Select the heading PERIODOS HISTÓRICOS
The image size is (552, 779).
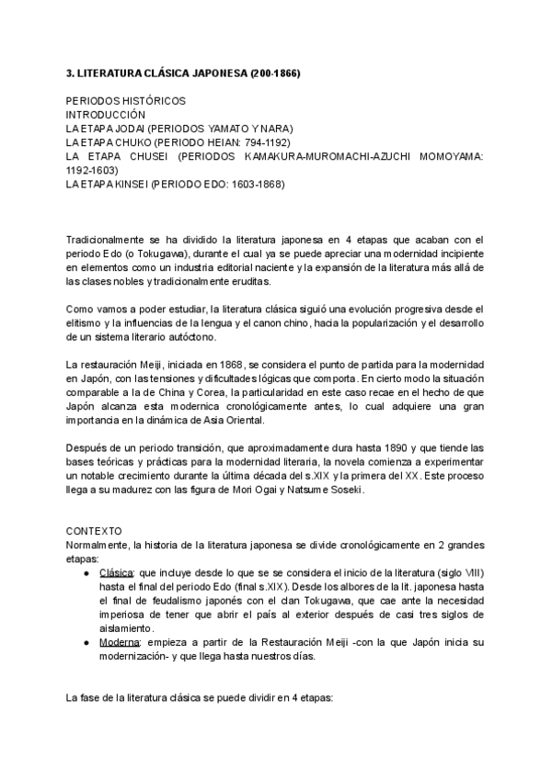[x=125, y=100]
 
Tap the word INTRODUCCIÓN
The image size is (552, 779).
[x=106, y=115]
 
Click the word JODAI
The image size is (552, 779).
[x=128, y=129]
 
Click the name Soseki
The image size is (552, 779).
[x=342, y=489]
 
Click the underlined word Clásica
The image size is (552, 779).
[x=116, y=572]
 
